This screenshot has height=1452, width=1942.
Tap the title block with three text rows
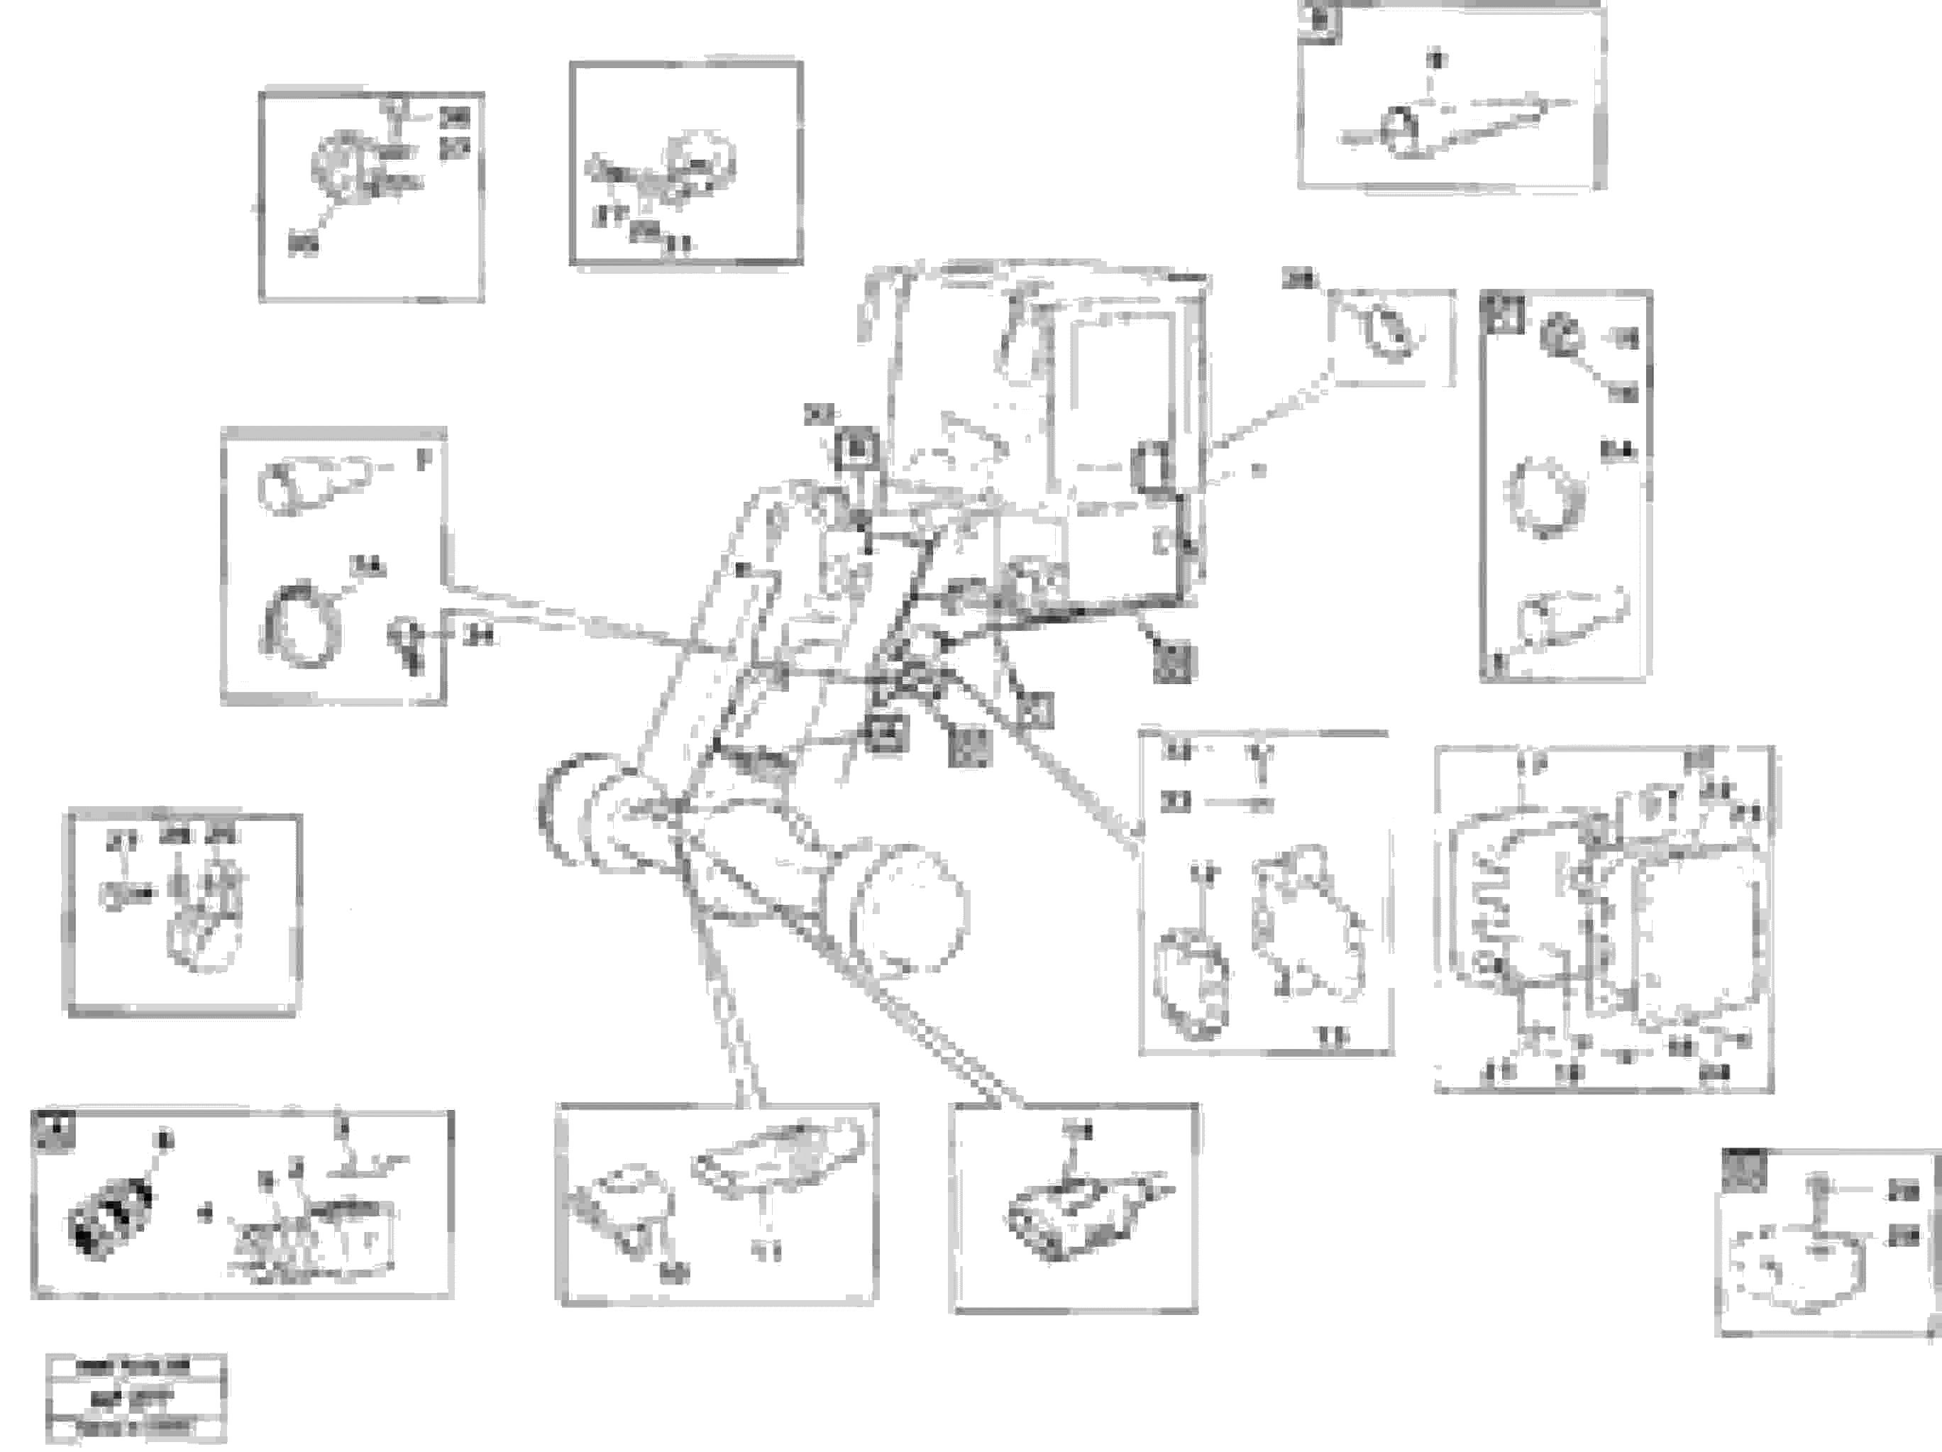pyautogui.click(x=136, y=1397)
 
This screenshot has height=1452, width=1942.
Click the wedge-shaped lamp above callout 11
pyautogui.click(x=773, y=1155)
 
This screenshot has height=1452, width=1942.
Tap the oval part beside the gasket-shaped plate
pyautogui.click(x=1195, y=983)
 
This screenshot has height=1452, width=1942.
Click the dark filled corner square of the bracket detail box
pyautogui.click(x=1742, y=1171)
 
